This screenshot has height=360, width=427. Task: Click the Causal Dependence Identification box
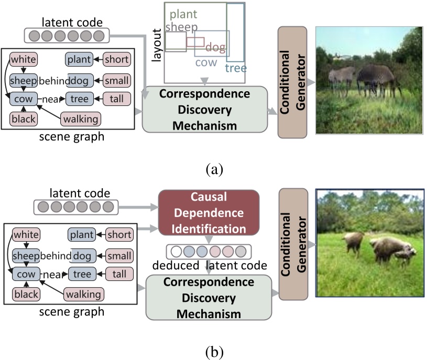(209, 212)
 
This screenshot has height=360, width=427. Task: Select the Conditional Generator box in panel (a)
(292, 82)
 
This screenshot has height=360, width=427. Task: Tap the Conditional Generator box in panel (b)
(293, 244)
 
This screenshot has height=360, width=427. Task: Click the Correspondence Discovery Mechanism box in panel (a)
(205, 110)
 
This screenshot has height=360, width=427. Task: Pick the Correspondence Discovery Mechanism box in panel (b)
(209, 297)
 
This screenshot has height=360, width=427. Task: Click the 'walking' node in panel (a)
(81, 119)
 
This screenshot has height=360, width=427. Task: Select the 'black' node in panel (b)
(26, 294)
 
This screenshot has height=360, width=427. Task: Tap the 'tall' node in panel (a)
(116, 99)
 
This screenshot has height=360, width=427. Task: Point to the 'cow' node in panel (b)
(26, 274)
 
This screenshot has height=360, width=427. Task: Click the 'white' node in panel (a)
(24, 59)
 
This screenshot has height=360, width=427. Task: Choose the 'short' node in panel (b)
(119, 234)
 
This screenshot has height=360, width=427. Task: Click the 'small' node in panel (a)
(116, 81)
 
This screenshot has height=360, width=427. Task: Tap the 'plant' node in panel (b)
(82, 234)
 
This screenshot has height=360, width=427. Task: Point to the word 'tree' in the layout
(236, 68)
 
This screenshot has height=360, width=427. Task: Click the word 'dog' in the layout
(215, 47)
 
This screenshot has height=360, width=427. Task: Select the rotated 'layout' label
(157, 45)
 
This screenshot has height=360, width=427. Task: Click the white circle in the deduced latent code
(176, 252)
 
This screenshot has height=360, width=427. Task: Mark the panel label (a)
(215, 169)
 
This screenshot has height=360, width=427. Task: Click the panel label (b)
(215, 352)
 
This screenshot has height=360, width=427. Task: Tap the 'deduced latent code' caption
(210, 265)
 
